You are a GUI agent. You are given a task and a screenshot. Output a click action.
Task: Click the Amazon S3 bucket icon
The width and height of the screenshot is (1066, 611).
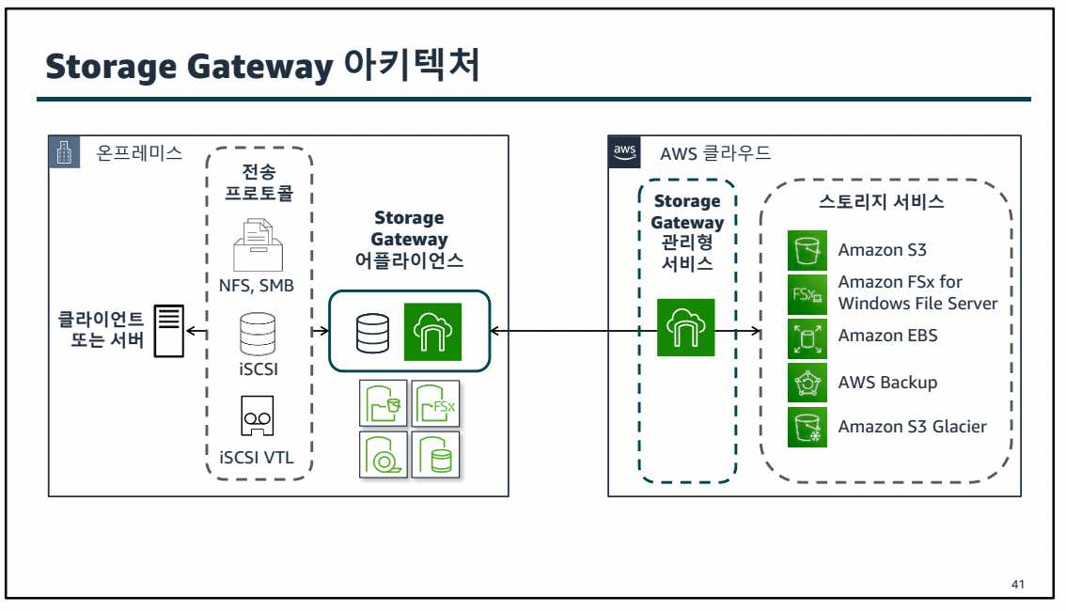pyautogui.click(x=807, y=250)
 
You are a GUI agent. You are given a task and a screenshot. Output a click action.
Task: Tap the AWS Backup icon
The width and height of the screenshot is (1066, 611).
pyautogui.click(x=807, y=383)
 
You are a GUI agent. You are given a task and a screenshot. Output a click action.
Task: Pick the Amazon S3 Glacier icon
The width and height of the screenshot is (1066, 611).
pyautogui.click(x=807, y=427)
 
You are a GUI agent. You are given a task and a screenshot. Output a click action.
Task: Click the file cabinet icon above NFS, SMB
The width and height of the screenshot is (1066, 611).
pyautogui.click(x=257, y=244)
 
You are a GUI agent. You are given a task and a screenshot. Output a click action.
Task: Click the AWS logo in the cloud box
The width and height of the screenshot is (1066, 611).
pyautogui.click(x=624, y=151)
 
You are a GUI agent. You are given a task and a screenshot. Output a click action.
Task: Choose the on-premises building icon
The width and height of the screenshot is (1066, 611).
pyautogui.click(x=64, y=152)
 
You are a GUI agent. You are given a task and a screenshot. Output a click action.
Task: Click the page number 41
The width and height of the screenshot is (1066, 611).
pyautogui.click(x=1017, y=585)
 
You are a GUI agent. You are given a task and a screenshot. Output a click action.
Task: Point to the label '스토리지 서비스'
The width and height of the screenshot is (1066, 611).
pyautogui.click(x=882, y=202)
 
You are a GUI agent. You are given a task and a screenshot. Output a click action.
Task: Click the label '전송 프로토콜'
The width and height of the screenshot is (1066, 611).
pyautogui.click(x=259, y=182)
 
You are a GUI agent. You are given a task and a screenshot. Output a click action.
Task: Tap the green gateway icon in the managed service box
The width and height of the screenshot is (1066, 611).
pyautogui.click(x=685, y=327)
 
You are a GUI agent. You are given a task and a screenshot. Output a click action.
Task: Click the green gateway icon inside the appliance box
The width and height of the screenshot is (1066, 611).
pyautogui.click(x=432, y=332)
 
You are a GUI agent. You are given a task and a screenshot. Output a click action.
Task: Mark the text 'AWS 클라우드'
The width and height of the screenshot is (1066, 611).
pyautogui.click(x=715, y=153)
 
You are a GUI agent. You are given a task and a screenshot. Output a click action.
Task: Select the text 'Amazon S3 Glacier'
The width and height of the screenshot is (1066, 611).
pyautogui.click(x=912, y=427)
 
